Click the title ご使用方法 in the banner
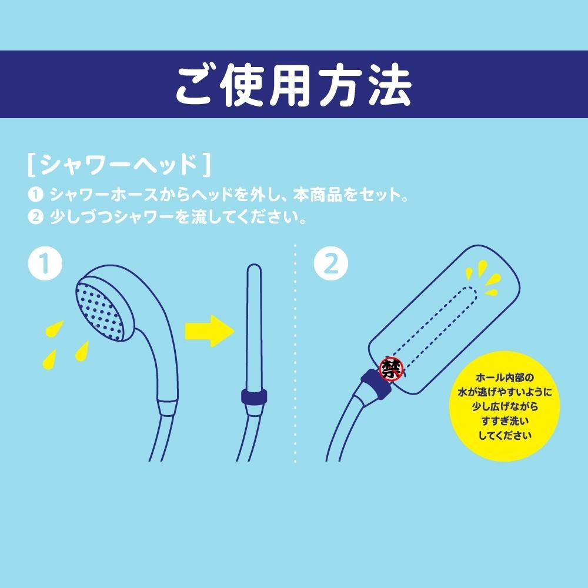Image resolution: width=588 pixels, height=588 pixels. [x=294, y=85]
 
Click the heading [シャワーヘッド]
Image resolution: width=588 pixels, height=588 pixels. [x=119, y=165]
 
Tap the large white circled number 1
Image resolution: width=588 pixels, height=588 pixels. [x=45, y=263]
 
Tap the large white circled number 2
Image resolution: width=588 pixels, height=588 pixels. [x=330, y=263]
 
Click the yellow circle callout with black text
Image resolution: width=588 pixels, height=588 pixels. [x=505, y=406]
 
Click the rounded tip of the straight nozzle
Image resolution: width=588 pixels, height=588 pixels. [x=255, y=269]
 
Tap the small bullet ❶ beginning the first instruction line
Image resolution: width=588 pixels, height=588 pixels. [x=36, y=195]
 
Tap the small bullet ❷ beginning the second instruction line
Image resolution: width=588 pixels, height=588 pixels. [x=36, y=217]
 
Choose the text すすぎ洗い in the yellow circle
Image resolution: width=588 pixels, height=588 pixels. [x=505, y=421]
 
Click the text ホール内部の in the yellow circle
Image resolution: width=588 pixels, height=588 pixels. [x=505, y=377]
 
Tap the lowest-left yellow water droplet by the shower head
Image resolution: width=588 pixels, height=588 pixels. [x=49, y=359]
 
